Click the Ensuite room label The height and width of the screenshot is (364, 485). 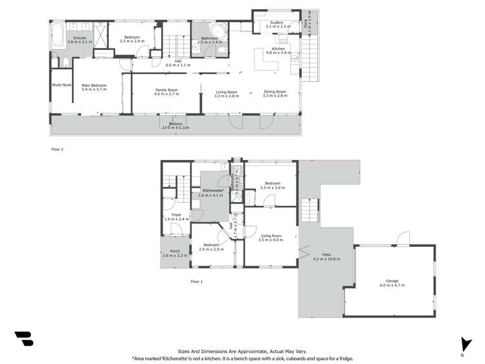click(x=80, y=38)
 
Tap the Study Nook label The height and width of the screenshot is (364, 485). click(x=62, y=85)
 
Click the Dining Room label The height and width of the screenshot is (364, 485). click(x=275, y=92)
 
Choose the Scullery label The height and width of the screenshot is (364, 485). click(x=276, y=24)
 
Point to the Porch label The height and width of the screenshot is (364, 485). click(x=175, y=251)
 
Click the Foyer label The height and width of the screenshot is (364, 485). click(x=176, y=215)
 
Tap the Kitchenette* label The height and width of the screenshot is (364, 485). click(x=213, y=190)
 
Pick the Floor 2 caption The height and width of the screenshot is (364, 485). click(x=58, y=149)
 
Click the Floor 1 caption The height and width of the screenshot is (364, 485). click(x=197, y=282)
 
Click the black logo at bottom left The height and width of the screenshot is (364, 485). click(x=24, y=339)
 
